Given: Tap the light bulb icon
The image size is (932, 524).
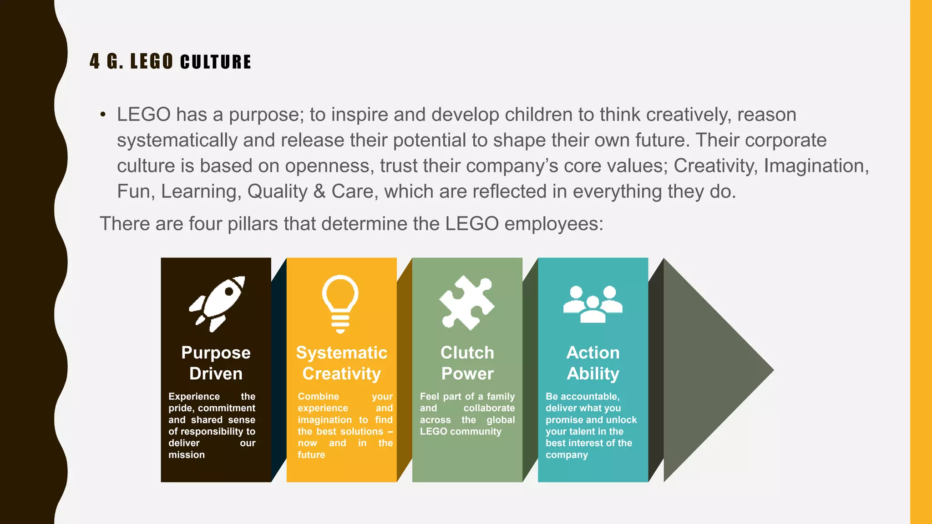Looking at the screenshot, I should [x=340, y=303].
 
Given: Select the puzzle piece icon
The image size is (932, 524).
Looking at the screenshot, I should [x=466, y=302].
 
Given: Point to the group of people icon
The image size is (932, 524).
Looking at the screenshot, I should [x=593, y=304].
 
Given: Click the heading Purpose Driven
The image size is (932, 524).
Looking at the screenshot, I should [x=216, y=363].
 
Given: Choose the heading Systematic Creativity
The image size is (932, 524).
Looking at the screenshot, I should [x=341, y=363].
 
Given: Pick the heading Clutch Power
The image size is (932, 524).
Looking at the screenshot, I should [x=467, y=363].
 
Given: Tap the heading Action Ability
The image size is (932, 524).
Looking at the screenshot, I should [x=593, y=363].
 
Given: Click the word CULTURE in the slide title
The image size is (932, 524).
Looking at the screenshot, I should [x=216, y=62].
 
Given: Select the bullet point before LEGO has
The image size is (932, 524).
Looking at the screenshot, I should [x=103, y=115].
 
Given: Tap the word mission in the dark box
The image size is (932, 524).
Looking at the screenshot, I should [x=187, y=455].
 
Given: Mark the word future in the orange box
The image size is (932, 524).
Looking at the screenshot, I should [x=311, y=455].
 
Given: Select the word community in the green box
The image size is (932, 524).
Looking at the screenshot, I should [x=476, y=432].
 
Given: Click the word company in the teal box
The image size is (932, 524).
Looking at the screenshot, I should [x=567, y=455].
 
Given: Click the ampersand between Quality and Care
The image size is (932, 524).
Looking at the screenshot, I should [x=319, y=191].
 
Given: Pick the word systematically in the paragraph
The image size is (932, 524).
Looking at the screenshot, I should [x=177, y=140].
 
